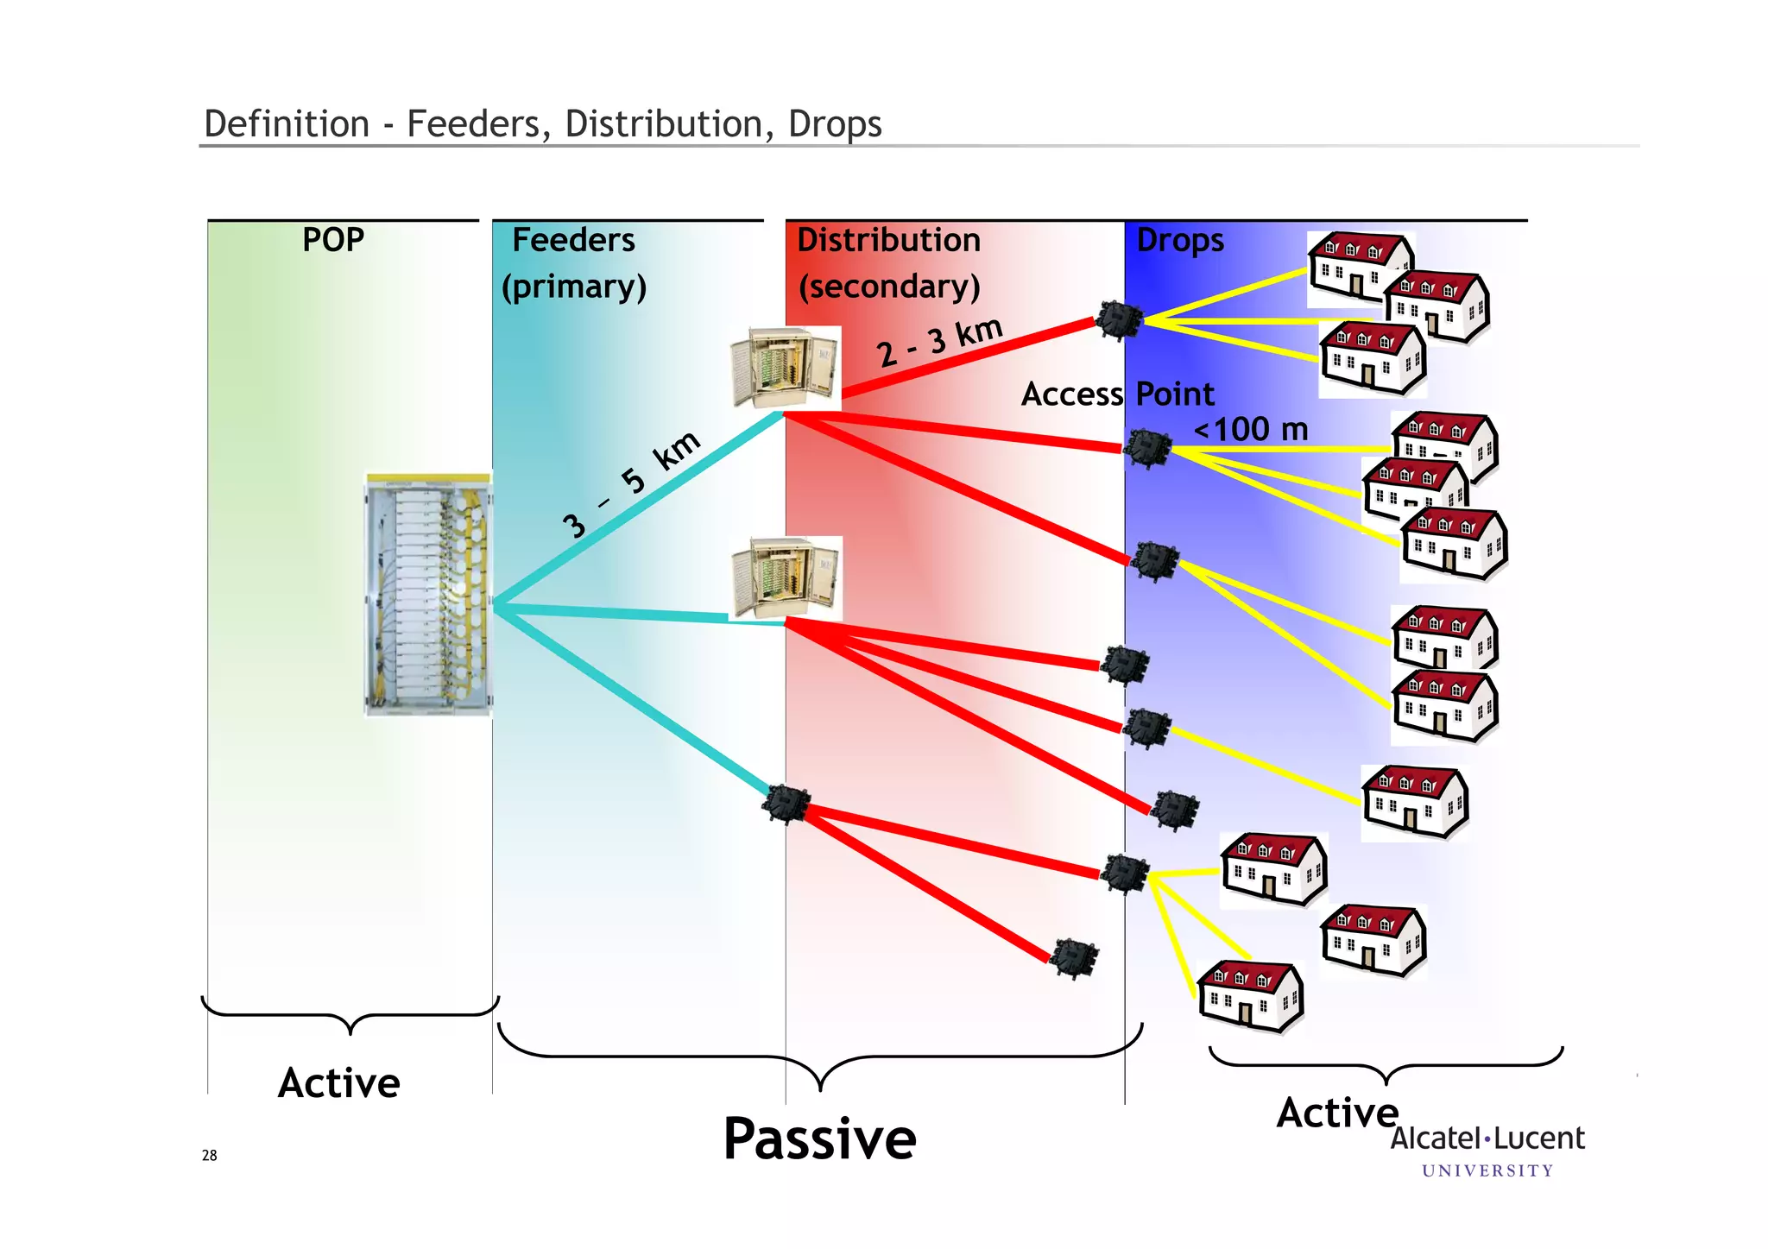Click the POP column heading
click(x=333, y=240)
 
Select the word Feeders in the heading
click(x=573, y=240)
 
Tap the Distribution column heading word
click(x=888, y=240)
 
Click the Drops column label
click(x=1180, y=241)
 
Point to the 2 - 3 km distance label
click(x=940, y=342)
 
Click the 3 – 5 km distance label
click(x=631, y=483)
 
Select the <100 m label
click(x=1251, y=429)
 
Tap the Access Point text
click(x=1117, y=394)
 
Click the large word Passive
click(x=819, y=1139)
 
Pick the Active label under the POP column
click(x=339, y=1083)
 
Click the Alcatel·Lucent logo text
click(x=1487, y=1139)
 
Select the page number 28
click(x=210, y=1156)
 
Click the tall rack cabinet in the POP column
click(x=427, y=595)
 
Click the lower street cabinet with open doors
click(x=786, y=577)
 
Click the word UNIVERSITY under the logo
click(x=1487, y=1171)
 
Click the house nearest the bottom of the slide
click(x=1250, y=997)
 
